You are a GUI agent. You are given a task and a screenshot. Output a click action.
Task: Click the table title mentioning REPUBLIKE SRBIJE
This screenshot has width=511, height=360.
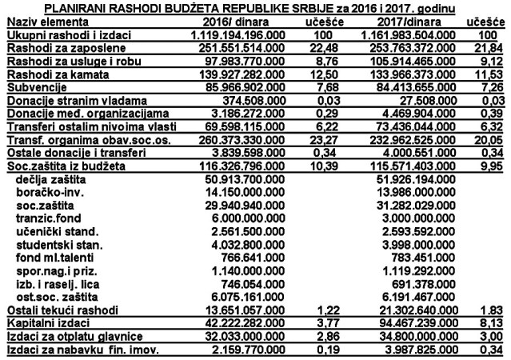coord(256,8)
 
